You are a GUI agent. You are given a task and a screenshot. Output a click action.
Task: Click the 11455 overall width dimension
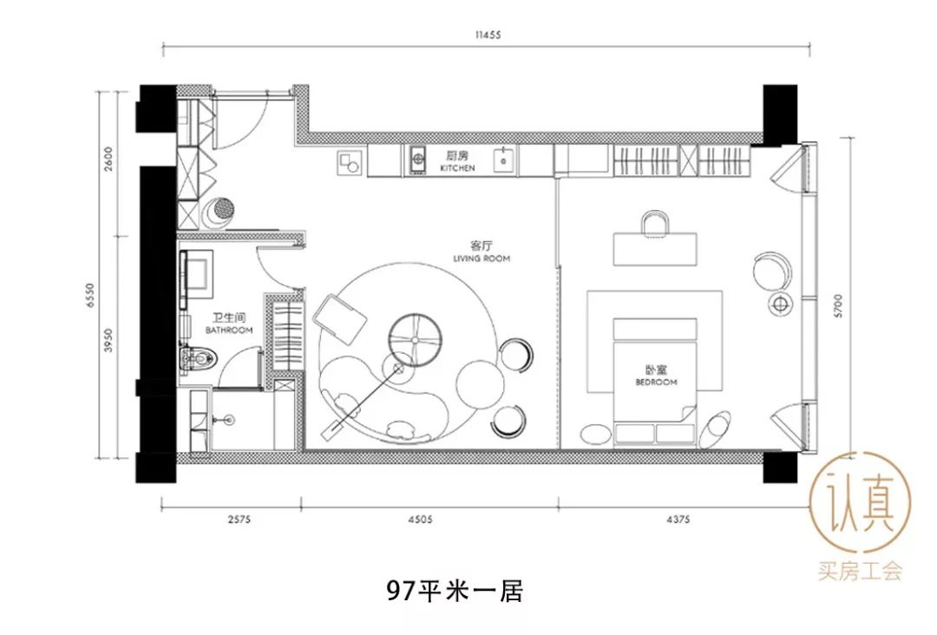pyautogui.click(x=488, y=35)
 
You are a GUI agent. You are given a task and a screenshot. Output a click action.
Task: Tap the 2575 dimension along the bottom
pyautogui.click(x=239, y=519)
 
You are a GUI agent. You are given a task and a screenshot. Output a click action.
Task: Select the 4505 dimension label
pyautogui.click(x=420, y=519)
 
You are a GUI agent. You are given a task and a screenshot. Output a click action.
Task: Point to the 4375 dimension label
pyautogui.click(x=678, y=519)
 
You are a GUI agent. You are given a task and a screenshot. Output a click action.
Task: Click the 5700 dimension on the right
pyautogui.click(x=838, y=306)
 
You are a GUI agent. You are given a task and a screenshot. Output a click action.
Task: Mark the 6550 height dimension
pyautogui.click(x=90, y=296)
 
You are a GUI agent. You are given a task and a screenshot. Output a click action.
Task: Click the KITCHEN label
pyautogui.click(x=457, y=168)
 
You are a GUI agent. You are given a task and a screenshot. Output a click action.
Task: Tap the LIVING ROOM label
pyautogui.click(x=481, y=259)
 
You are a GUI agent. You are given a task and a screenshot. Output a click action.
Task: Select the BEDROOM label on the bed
pyautogui.click(x=656, y=382)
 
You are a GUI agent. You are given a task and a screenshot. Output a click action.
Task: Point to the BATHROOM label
pyautogui.click(x=229, y=330)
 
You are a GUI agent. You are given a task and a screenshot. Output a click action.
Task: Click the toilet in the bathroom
pyautogui.click(x=199, y=358)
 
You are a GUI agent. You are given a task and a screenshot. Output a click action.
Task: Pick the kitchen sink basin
pyautogui.click(x=504, y=160)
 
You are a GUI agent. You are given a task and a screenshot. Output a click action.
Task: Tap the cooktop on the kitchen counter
pyautogui.click(x=417, y=160)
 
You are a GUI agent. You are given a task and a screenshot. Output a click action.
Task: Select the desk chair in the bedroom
pyautogui.click(x=656, y=224)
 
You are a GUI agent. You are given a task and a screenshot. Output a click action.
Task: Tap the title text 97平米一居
pyautogui.click(x=454, y=591)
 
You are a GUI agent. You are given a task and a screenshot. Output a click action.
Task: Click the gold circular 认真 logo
pyautogui.click(x=860, y=502)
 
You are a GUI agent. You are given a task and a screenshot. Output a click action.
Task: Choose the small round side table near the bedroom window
pyautogui.click(x=779, y=304)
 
